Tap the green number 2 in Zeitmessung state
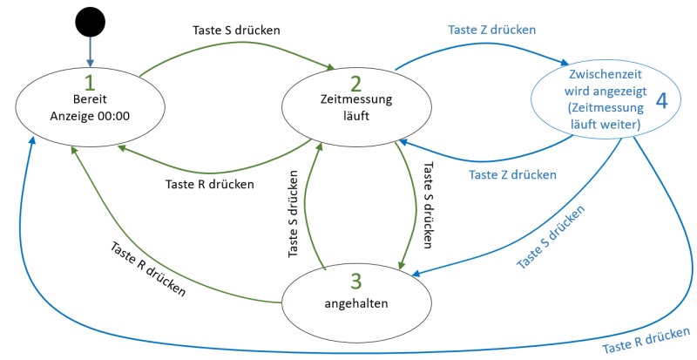pos(355,84)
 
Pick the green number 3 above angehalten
pos(355,282)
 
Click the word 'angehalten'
pos(355,304)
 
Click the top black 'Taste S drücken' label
pos(235,29)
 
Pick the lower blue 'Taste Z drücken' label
pos(512,174)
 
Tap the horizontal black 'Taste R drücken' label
pos(210,184)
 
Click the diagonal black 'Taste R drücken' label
pos(148,268)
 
